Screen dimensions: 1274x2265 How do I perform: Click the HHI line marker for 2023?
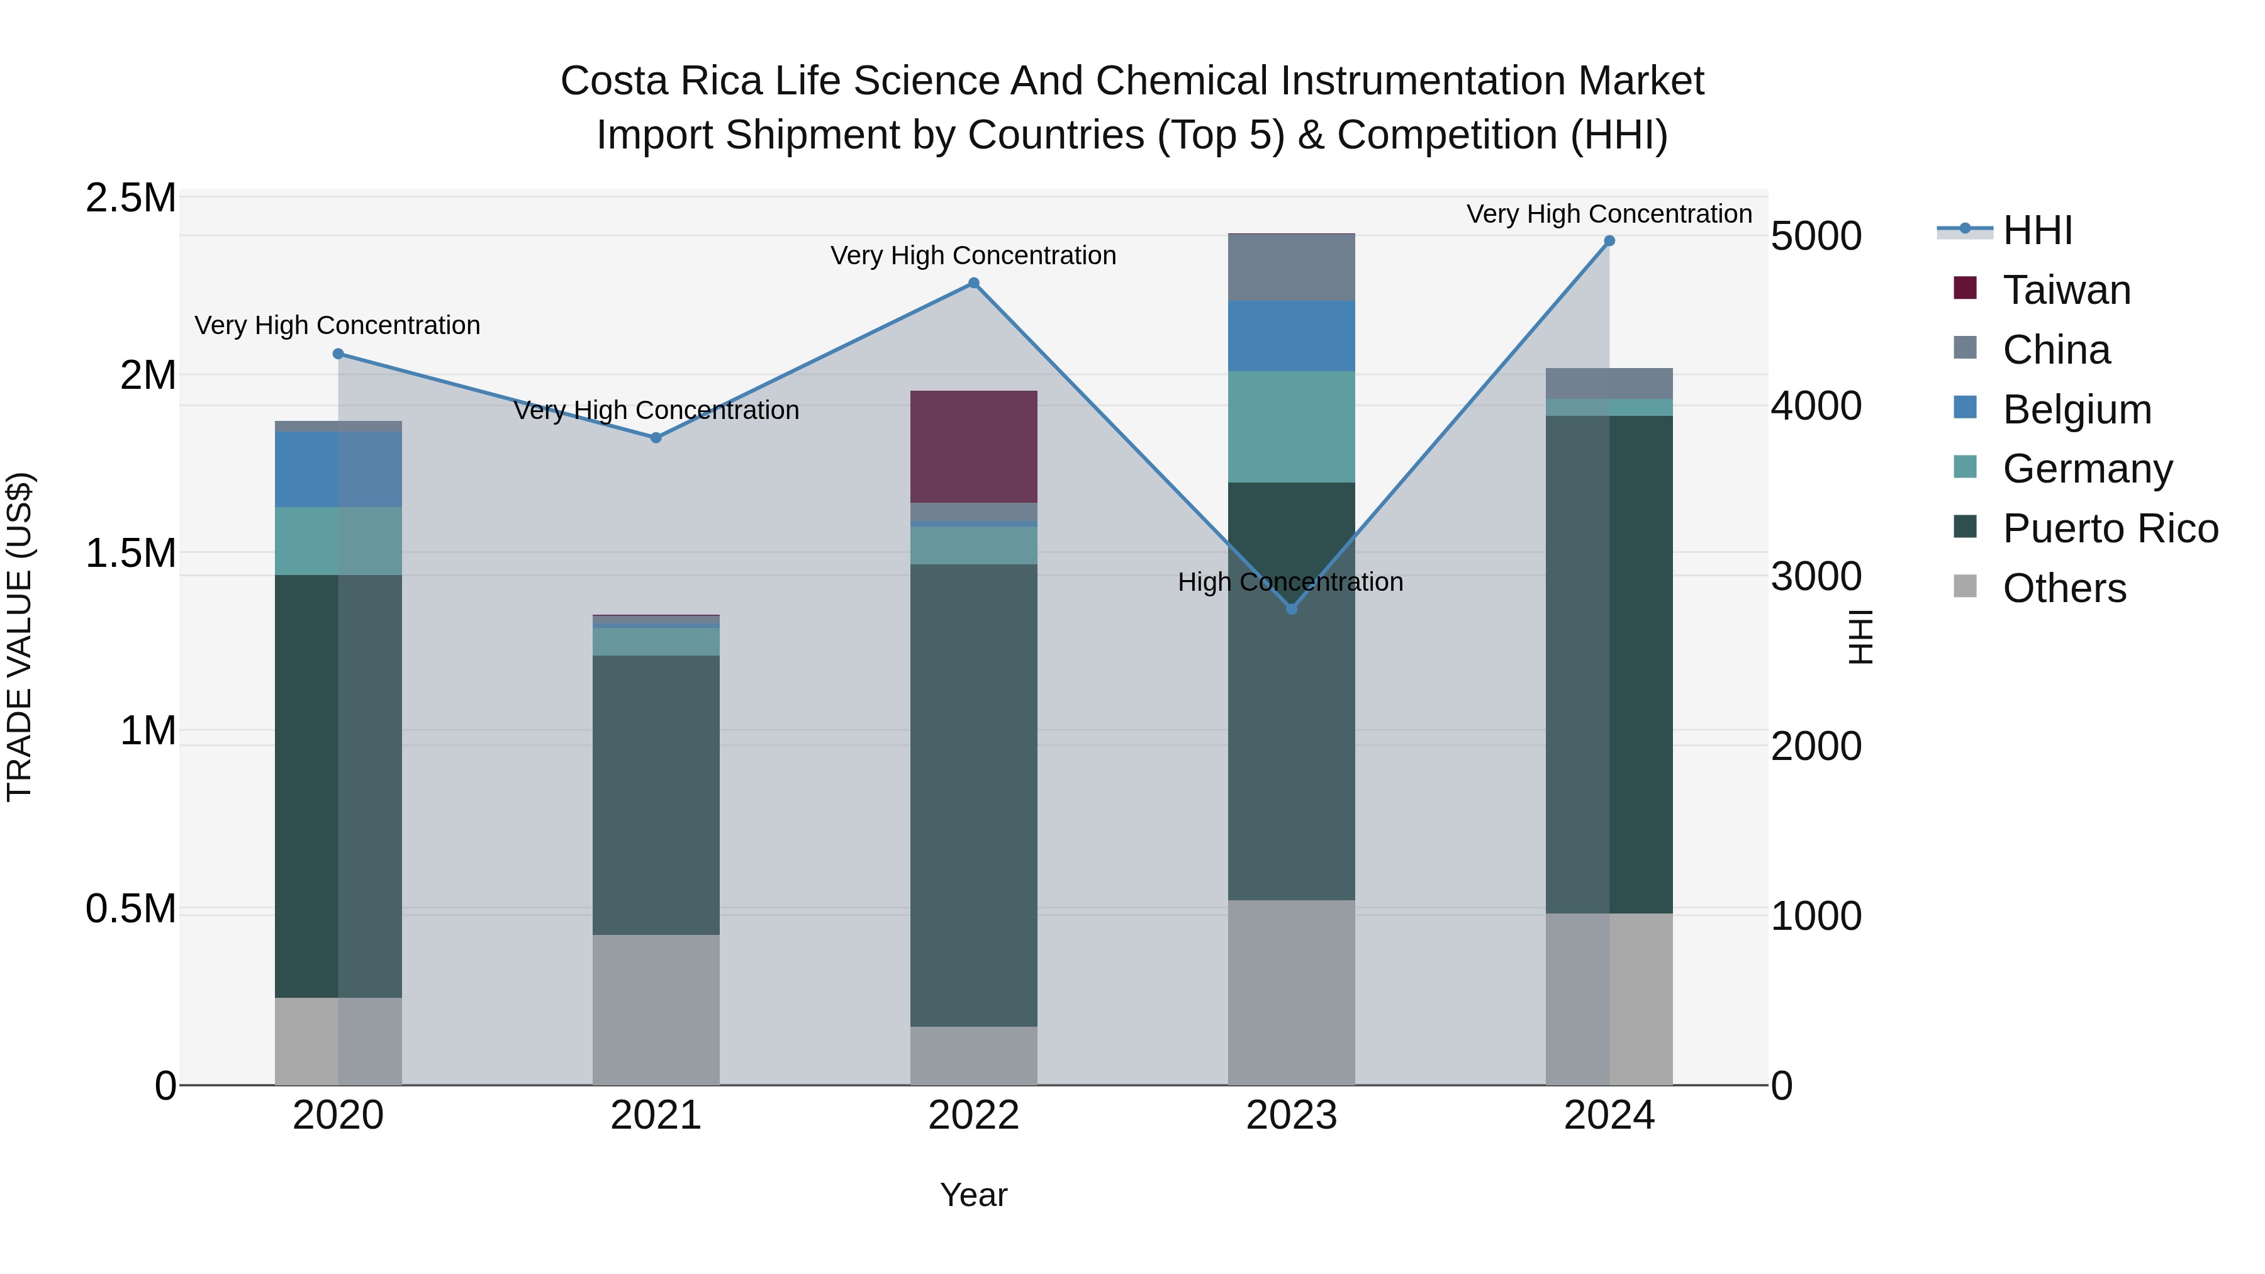(x=1291, y=608)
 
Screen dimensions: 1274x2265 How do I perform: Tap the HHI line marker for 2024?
(x=1609, y=240)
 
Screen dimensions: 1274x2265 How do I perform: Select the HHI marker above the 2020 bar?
(x=338, y=354)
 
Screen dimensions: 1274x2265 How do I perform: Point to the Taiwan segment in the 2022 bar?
(x=973, y=447)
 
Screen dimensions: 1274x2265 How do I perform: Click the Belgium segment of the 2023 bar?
(x=1291, y=336)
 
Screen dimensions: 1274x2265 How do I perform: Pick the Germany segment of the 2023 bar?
(x=1291, y=427)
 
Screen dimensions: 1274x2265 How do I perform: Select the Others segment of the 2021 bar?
(x=656, y=1009)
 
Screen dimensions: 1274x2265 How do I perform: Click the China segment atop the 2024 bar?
(x=1609, y=383)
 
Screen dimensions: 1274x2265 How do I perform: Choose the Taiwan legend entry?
(x=2066, y=290)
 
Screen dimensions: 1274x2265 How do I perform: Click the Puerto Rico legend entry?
(x=2110, y=528)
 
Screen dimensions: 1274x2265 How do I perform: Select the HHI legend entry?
(x=2037, y=230)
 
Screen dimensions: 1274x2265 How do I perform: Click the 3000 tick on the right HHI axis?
(x=1816, y=577)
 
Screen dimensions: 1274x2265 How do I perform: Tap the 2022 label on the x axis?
(x=973, y=1115)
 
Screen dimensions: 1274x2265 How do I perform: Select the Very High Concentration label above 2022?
(x=973, y=256)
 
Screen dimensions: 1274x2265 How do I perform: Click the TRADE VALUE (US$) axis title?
(x=20, y=637)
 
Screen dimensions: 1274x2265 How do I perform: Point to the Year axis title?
(x=973, y=1195)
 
